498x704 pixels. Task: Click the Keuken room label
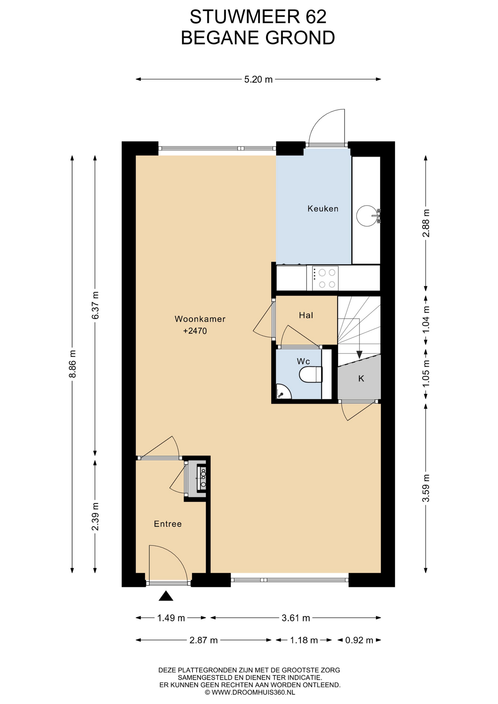pos(323,209)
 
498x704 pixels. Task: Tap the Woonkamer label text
pos(200,319)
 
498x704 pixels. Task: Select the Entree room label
pos(168,524)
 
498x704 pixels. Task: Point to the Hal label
pos(306,315)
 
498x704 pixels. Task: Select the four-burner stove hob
pos(325,278)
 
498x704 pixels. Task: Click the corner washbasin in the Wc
pos(282,392)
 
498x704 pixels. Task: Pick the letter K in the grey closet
pos(361,379)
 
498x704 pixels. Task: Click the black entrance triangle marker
pos(166,596)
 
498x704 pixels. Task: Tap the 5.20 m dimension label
pos(259,79)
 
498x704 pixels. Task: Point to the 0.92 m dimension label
pos(359,640)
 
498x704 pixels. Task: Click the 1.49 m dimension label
pos(171,618)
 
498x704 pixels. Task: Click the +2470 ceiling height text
pos(195,331)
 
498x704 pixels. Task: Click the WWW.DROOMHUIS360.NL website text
pos(253,692)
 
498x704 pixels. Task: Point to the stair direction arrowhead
pos(359,355)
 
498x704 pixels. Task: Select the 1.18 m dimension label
pos(304,640)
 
